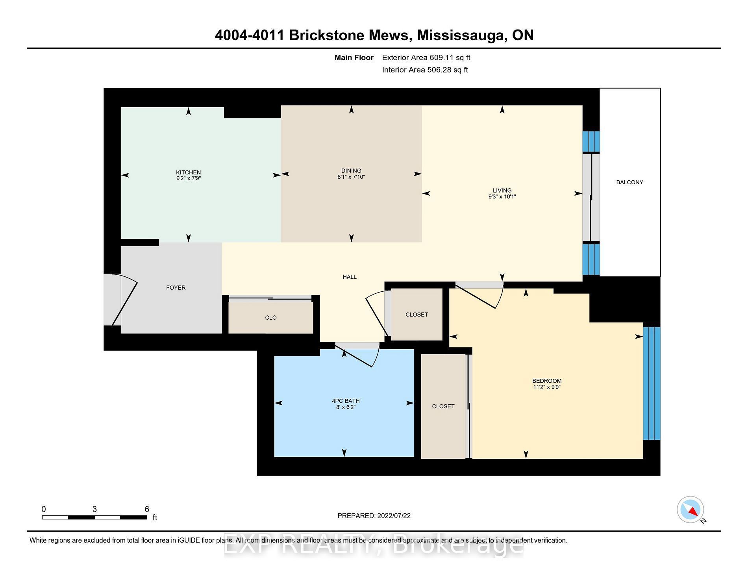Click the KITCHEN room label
(x=188, y=172)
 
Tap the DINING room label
(x=351, y=171)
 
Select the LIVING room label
(x=502, y=191)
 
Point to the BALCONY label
(x=630, y=182)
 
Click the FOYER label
(x=176, y=288)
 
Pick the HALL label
(x=350, y=277)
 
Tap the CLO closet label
(x=271, y=318)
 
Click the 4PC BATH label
(x=346, y=401)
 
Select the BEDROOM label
(x=547, y=381)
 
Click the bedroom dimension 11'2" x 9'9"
(x=547, y=387)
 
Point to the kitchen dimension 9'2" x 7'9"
(x=188, y=178)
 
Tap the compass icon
(x=691, y=510)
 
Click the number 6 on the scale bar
(x=147, y=509)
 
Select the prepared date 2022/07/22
(x=394, y=516)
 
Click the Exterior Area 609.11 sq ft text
(x=426, y=57)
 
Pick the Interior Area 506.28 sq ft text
(x=425, y=70)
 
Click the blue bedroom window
(x=652, y=383)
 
